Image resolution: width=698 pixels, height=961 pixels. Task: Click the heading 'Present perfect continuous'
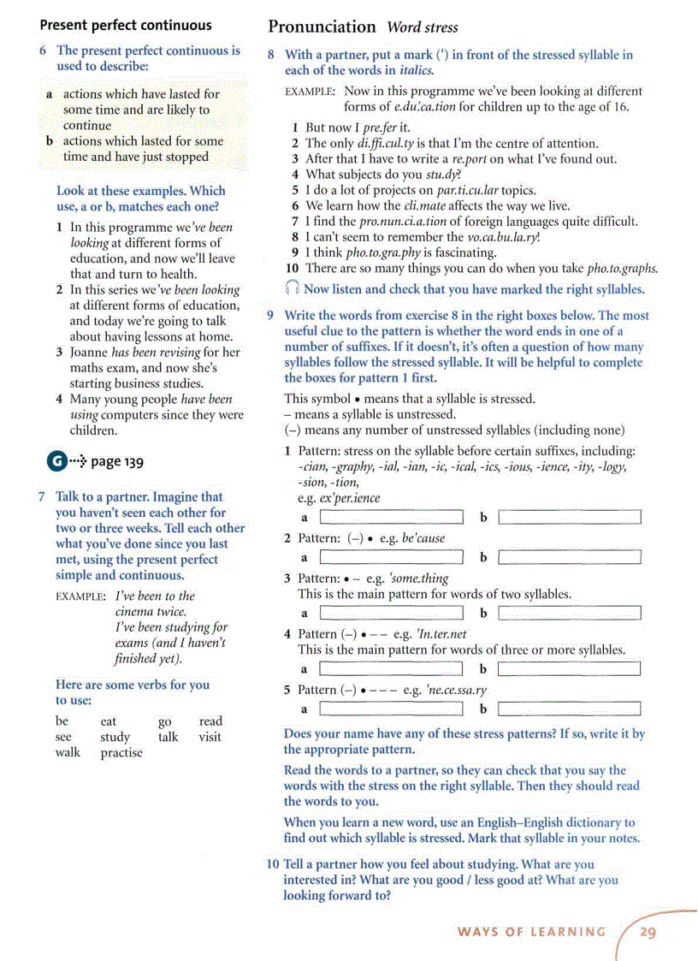click(x=126, y=25)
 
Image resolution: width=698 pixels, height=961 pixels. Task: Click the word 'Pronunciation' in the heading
click(x=322, y=27)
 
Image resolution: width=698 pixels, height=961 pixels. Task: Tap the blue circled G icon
click(x=56, y=461)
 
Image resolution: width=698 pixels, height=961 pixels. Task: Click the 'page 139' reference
click(x=117, y=462)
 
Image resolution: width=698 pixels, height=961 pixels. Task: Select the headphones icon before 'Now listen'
click(x=293, y=289)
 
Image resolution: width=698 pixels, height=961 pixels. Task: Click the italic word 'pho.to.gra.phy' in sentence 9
click(x=382, y=252)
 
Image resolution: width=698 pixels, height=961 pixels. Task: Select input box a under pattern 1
click(x=391, y=517)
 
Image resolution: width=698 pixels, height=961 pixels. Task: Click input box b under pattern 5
click(x=569, y=709)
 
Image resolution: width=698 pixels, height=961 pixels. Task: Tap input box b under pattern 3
click(x=569, y=613)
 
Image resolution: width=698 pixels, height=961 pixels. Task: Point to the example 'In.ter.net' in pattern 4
click(x=441, y=634)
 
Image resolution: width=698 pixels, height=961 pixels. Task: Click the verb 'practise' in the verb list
click(x=121, y=753)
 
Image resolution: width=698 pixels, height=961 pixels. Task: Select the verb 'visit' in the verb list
click(x=210, y=737)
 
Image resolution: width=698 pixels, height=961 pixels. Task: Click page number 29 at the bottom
click(x=648, y=932)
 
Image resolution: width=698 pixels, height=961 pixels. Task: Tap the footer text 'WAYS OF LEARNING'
click(x=531, y=932)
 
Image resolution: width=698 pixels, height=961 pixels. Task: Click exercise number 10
click(x=273, y=864)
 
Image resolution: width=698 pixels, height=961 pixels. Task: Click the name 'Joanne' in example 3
click(x=90, y=352)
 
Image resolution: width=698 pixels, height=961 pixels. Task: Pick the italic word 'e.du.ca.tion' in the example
click(x=424, y=107)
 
